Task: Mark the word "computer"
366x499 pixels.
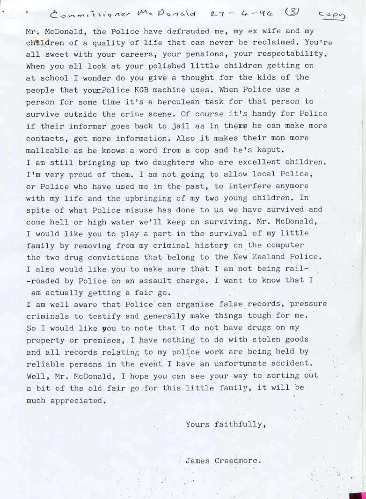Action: click(281, 245)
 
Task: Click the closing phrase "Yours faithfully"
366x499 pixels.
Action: click(226, 425)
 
